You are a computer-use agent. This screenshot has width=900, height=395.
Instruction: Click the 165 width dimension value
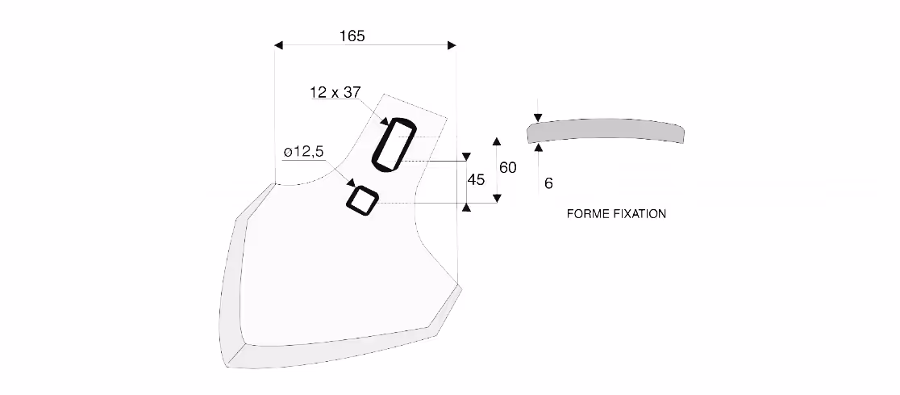click(x=352, y=36)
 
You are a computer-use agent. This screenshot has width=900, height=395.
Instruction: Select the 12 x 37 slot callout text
click(x=335, y=92)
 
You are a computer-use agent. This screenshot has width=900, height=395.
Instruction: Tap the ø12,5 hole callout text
click(x=304, y=152)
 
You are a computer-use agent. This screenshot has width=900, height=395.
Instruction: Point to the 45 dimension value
click(x=476, y=180)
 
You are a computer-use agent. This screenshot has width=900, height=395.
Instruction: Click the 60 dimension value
click(x=508, y=168)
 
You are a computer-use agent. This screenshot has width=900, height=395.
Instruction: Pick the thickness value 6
click(x=548, y=183)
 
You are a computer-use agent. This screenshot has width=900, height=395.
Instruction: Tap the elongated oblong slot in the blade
click(x=394, y=145)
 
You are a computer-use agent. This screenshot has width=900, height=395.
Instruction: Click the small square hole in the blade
click(x=363, y=200)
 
